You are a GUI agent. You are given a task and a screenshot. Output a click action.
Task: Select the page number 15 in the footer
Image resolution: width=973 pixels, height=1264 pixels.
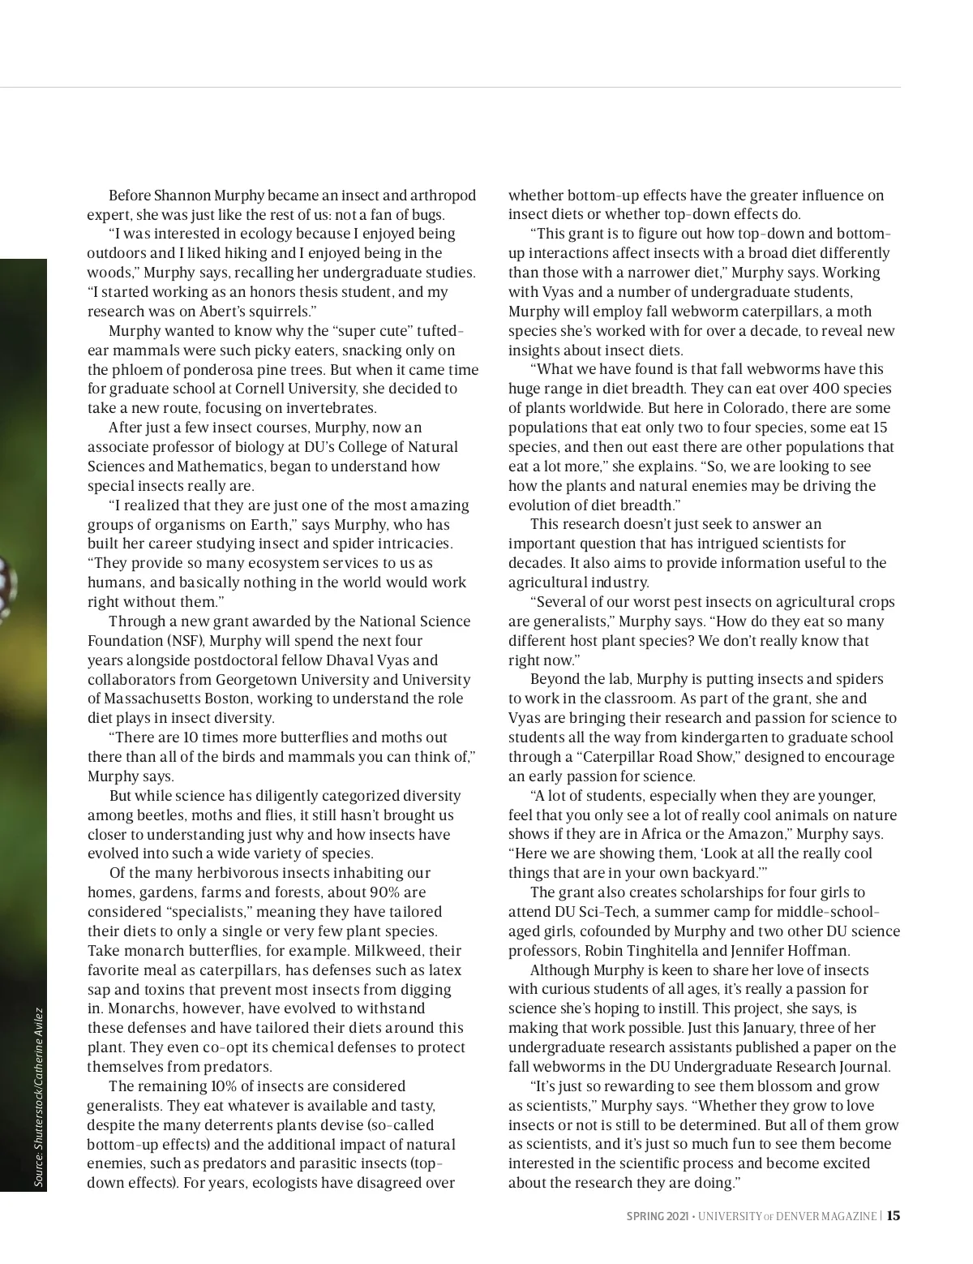[893, 1215]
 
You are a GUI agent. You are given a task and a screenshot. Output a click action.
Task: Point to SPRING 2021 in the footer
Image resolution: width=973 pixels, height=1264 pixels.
[657, 1216]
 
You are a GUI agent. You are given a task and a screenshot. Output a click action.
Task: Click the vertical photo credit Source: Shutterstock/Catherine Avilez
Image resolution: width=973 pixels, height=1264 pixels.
[37, 1098]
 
